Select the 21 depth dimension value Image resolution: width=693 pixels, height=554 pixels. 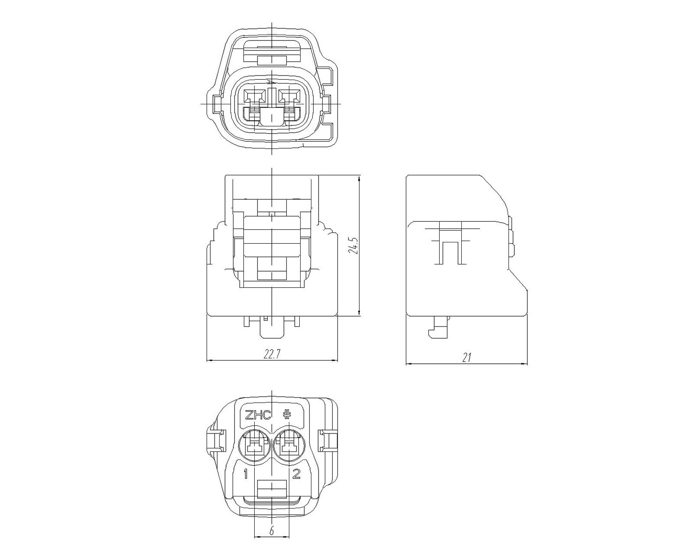point(467,357)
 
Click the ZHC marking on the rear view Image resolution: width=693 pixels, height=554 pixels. point(258,415)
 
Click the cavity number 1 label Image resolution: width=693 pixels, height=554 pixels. point(246,474)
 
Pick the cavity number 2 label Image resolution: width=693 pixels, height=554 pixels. point(296,474)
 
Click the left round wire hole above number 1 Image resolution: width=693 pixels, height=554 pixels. point(254,446)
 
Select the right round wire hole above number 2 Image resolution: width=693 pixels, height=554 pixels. point(289,446)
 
